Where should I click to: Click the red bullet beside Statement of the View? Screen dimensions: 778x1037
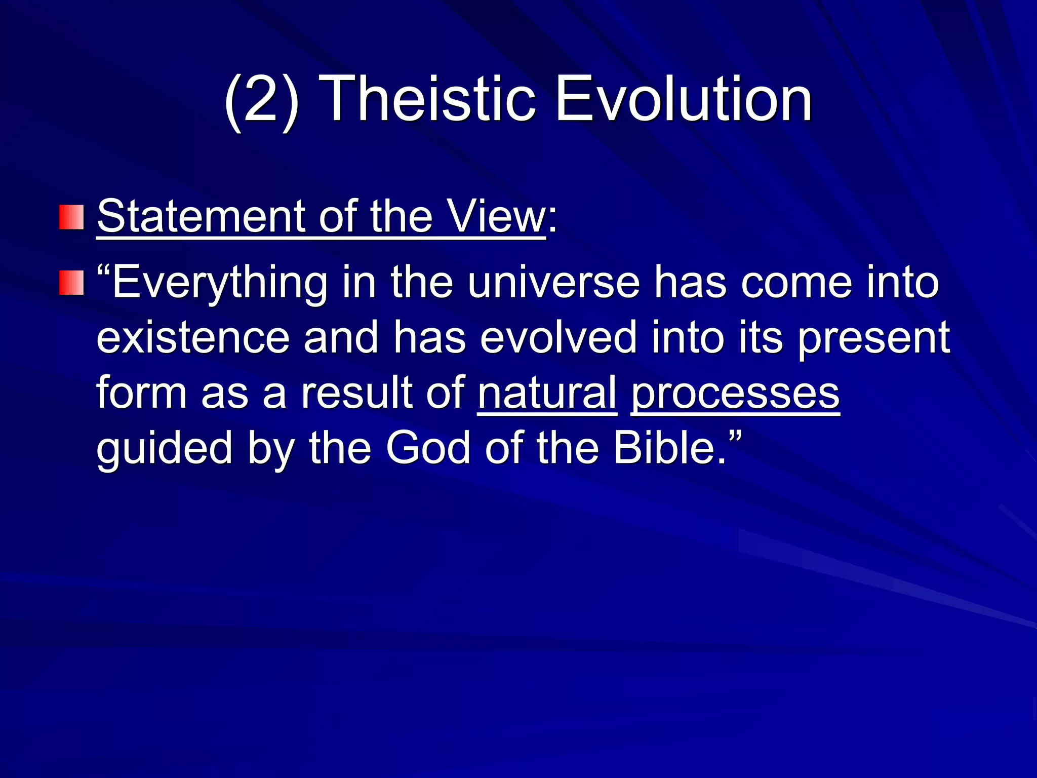tap(71, 217)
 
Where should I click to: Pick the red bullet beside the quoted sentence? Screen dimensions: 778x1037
tap(71, 283)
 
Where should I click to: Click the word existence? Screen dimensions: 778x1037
tap(192, 338)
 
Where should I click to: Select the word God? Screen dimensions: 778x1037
tap(428, 448)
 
